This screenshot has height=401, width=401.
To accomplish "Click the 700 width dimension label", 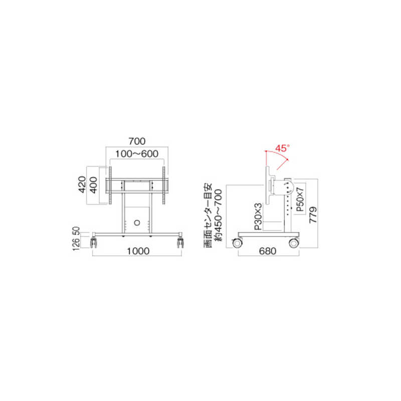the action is [137, 141].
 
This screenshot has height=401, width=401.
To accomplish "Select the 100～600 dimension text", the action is [137, 154].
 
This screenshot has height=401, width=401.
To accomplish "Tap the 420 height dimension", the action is [82, 184].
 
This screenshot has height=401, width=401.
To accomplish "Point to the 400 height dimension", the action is [94, 185].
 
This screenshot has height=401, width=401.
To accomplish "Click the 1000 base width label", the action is [138, 251].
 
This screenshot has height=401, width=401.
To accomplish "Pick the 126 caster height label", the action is [77, 244].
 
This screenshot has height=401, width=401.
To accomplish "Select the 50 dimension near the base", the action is [77, 232].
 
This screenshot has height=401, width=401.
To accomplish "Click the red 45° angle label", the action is [283, 148].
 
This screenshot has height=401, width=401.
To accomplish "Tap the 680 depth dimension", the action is [268, 251].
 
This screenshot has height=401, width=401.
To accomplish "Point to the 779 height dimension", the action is [313, 215].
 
